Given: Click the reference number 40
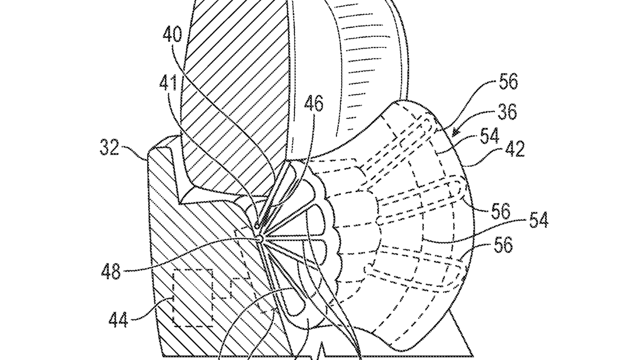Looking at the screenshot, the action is tap(172, 35).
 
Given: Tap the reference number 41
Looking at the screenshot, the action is tap(169, 83).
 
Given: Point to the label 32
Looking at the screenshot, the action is tap(109, 148).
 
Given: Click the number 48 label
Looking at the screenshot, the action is tap(111, 271).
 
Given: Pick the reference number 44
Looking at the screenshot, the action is tap(118, 319).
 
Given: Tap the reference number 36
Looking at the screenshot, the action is tap(507, 111).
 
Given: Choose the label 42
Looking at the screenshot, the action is tap(515, 149).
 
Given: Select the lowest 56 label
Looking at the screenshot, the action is tap(503, 245).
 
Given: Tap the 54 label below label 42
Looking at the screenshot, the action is tap(539, 219).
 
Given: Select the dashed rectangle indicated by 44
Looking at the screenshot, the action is tap(193, 298).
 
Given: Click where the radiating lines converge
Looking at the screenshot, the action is tap(261, 238).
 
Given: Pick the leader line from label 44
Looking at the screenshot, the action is tap(151, 309).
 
